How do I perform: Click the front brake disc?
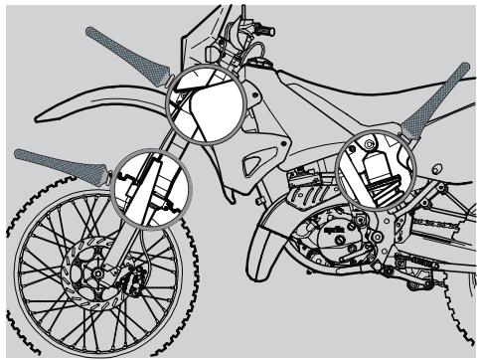(100, 279)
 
